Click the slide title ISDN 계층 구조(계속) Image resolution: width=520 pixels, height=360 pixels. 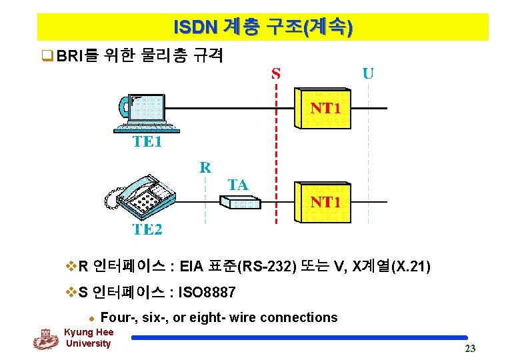tap(263, 27)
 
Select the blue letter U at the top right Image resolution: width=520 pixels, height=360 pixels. tap(367, 73)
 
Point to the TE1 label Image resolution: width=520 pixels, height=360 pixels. tap(147, 142)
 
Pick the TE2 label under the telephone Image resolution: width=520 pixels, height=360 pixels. tap(147, 230)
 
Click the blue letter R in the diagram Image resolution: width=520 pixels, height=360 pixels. tap(205, 167)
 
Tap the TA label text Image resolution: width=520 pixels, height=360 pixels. tap(238, 185)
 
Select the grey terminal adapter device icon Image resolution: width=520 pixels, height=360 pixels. tap(237, 202)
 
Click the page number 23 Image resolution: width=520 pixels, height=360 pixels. tap(470, 349)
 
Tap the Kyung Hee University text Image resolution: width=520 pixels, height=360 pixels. tap(89, 338)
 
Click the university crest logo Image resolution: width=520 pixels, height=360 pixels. tap(45, 339)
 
